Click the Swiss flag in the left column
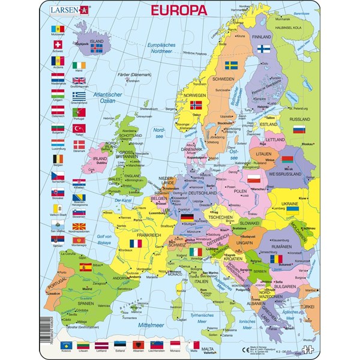coord(58,45)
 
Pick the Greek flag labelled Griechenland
coord(79,96)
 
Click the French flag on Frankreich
coord(136,244)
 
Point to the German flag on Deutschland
coord(188,217)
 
